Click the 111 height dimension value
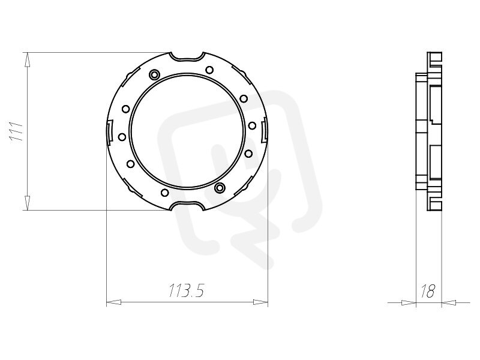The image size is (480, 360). click(17, 131)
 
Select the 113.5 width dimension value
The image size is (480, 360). click(186, 290)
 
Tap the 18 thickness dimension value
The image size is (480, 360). click(428, 291)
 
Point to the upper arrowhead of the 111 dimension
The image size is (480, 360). click(27, 59)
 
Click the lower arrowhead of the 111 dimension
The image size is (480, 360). click(27, 203)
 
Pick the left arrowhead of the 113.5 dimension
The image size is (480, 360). click(113, 302)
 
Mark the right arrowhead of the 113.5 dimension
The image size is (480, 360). click(260, 302)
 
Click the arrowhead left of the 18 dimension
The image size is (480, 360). click(409, 302)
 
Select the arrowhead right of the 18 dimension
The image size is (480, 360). click(449, 302)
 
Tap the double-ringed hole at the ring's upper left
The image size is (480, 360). click(154, 74)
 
